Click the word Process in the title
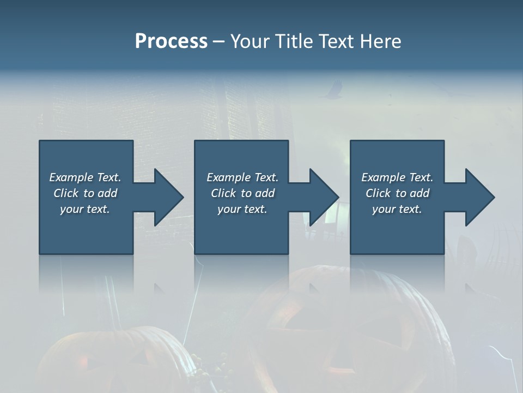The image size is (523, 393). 171,41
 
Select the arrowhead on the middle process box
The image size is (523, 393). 323,197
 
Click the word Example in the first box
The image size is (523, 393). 71,177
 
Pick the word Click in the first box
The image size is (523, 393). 66,193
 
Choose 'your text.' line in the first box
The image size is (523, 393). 85,209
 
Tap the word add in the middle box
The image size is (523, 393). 265,193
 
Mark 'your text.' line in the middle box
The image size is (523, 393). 242,209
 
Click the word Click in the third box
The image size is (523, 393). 378,193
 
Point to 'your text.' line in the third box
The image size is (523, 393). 397,209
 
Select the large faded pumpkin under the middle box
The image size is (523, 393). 349,327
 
